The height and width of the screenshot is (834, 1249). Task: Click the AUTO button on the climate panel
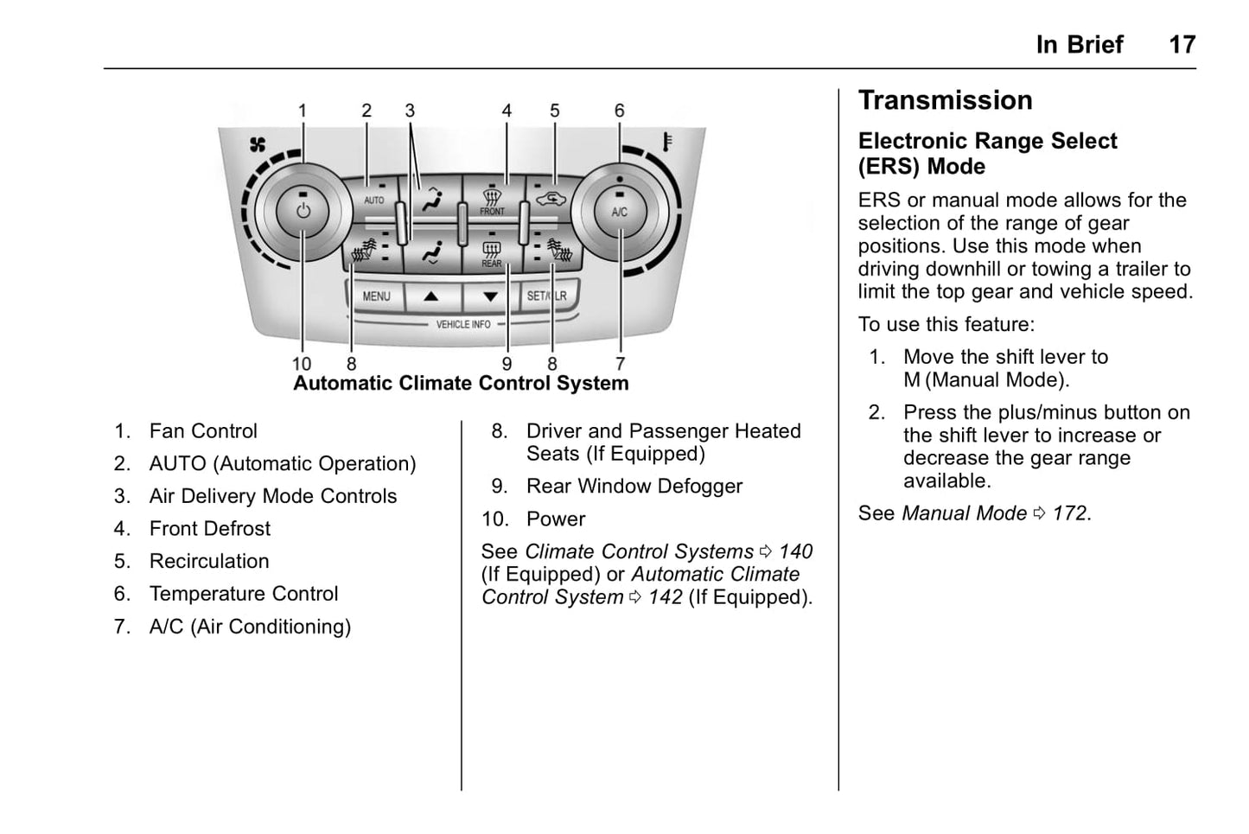373,200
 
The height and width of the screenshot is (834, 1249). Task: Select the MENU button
376,296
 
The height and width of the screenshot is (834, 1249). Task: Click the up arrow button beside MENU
431,296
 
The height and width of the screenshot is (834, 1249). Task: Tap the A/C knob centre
620,212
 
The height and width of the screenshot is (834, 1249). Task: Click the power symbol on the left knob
303,211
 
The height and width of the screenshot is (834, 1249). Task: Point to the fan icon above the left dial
258,144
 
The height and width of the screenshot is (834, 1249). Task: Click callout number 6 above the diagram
620,111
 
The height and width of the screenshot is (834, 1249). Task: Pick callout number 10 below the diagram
302,364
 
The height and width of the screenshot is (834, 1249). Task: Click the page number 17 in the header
1182,45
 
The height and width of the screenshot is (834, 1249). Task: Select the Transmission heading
945,100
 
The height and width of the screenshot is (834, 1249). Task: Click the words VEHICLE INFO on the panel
463,325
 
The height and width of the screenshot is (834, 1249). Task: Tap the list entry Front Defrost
210,529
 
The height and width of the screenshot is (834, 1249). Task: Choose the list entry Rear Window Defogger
634,487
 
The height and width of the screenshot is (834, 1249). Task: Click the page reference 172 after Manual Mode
1069,513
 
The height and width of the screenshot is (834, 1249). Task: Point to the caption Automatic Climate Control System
461,384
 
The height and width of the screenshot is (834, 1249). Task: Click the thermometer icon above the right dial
667,141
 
